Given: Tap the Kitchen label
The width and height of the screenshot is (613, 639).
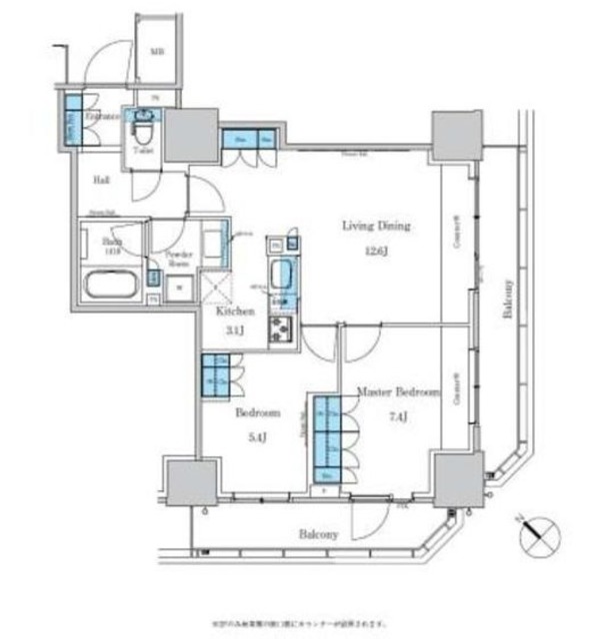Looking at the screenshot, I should [237, 312].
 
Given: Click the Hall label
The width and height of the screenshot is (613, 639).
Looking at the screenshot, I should [102, 181].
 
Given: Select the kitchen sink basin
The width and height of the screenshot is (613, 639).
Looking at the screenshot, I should [280, 273].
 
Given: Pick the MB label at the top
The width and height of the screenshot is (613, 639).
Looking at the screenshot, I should [157, 52].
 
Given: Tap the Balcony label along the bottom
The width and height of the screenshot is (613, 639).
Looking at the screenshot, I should [318, 534].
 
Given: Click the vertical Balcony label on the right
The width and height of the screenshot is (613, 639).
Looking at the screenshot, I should [509, 298].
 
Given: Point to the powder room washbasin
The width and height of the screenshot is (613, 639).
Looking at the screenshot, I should [213, 243].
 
